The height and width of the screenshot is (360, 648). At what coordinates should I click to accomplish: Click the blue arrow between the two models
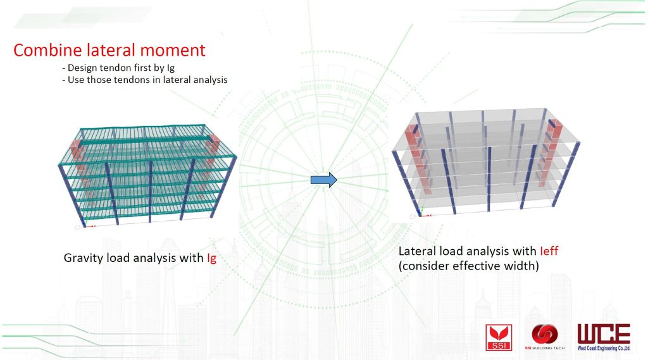click(324, 180)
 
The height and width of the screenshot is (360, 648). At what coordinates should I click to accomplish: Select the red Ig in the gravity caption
click(211, 258)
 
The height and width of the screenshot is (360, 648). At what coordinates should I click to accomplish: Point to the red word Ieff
click(549, 251)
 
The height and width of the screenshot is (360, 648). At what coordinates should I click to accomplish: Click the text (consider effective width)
click(469, 266)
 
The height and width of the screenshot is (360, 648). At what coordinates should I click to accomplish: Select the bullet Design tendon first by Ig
click(118, 68)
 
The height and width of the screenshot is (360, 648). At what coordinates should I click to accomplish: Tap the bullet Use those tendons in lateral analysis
click(145, 80)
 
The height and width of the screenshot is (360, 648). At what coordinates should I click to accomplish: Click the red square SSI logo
click(499, 338)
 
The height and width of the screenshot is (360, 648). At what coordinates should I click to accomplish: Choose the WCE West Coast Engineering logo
click(604, 337)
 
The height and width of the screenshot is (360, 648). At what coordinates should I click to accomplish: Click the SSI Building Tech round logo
click(545, 337)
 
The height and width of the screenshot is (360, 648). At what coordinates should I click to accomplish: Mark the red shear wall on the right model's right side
click(549, 151)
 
